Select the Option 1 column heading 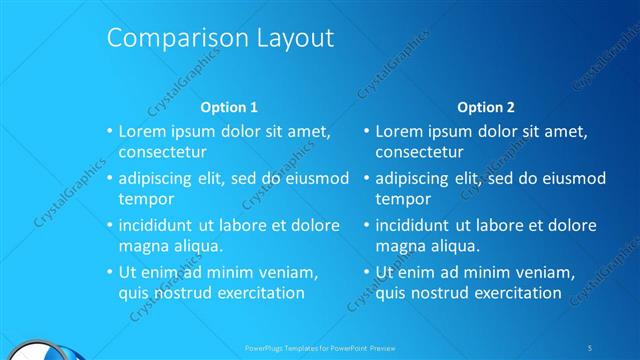(x=229, y=107)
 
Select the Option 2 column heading (x=486, y=107)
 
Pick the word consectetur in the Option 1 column (x=162, y=152)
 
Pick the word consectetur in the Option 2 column (x=419, y=152)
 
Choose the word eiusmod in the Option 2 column (x=573, y=178)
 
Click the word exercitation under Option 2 (x=511, y=293)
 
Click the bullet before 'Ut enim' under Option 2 (x=367, y=272)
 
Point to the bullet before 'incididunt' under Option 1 (x=110, y=225)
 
